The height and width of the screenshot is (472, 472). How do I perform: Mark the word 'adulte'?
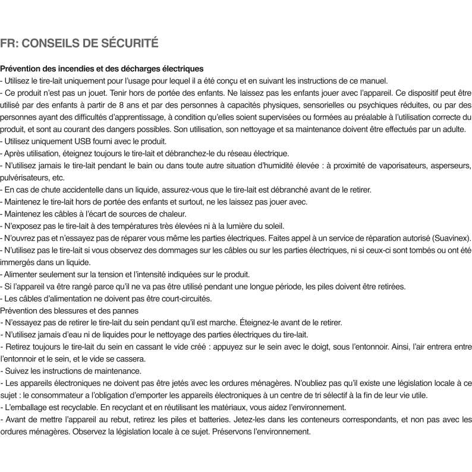pyautogui.click(x=453, y=129)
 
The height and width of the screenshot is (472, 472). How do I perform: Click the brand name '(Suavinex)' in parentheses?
pyautogui.click(x=451, y=238)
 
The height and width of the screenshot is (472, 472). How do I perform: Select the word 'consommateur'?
pyautogui.click(x=64, y=395)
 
